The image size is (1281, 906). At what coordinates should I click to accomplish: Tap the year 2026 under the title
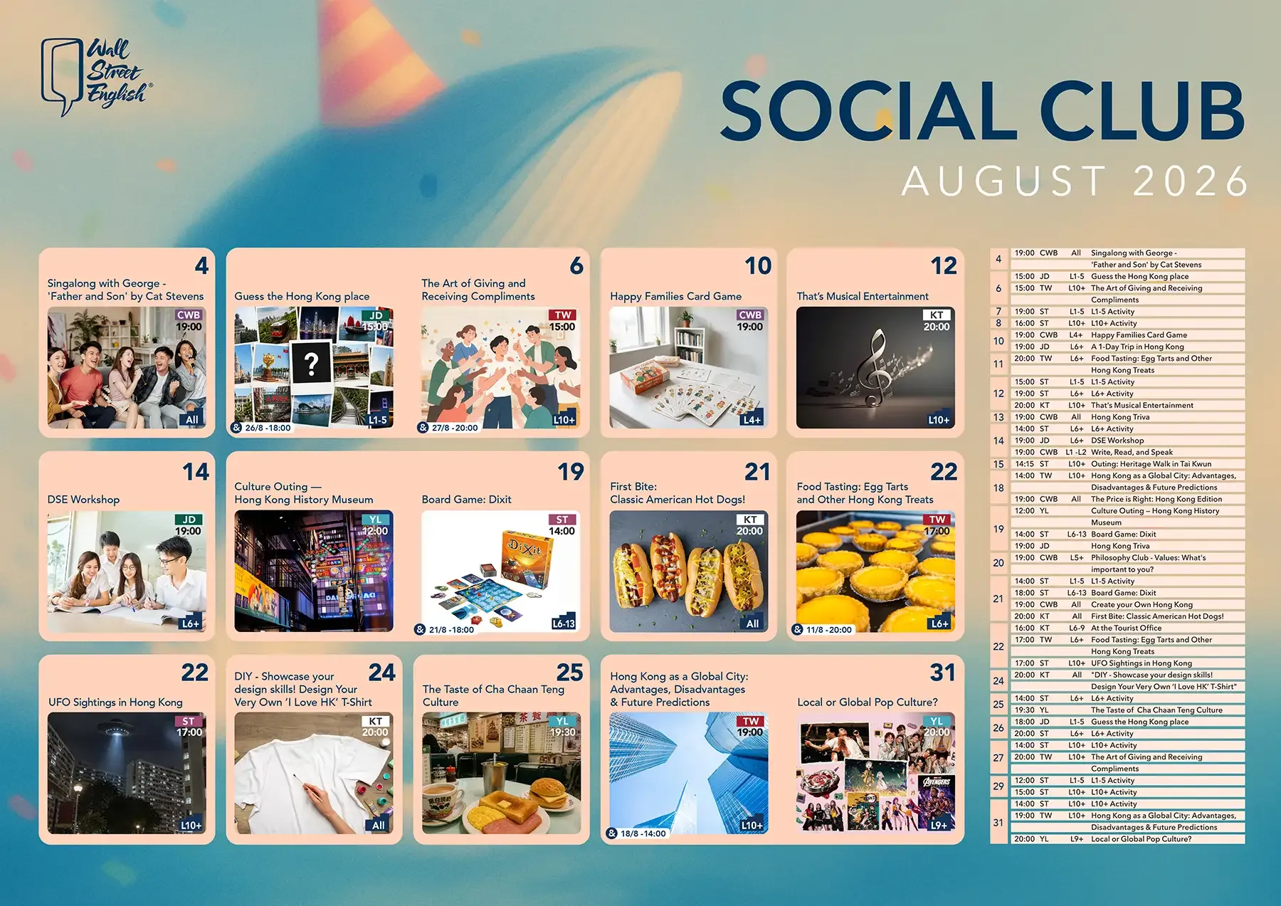(1191, 181)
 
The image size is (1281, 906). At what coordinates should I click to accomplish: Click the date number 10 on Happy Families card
(758, 266)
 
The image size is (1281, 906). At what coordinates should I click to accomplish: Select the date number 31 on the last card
(943, 673)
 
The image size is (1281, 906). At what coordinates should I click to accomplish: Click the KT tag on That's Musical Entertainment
(937, 315)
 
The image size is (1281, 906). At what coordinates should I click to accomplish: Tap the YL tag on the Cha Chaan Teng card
(562, 721)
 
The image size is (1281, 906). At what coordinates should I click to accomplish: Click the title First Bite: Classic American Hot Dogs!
(678, 492)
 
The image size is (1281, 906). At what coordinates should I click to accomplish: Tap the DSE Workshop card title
(83, 500)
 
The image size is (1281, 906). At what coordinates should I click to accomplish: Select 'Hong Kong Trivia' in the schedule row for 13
(1120, 417)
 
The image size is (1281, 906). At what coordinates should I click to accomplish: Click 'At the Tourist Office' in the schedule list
(1126, 628)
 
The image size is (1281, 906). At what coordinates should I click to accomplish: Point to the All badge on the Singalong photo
(192, 419)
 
